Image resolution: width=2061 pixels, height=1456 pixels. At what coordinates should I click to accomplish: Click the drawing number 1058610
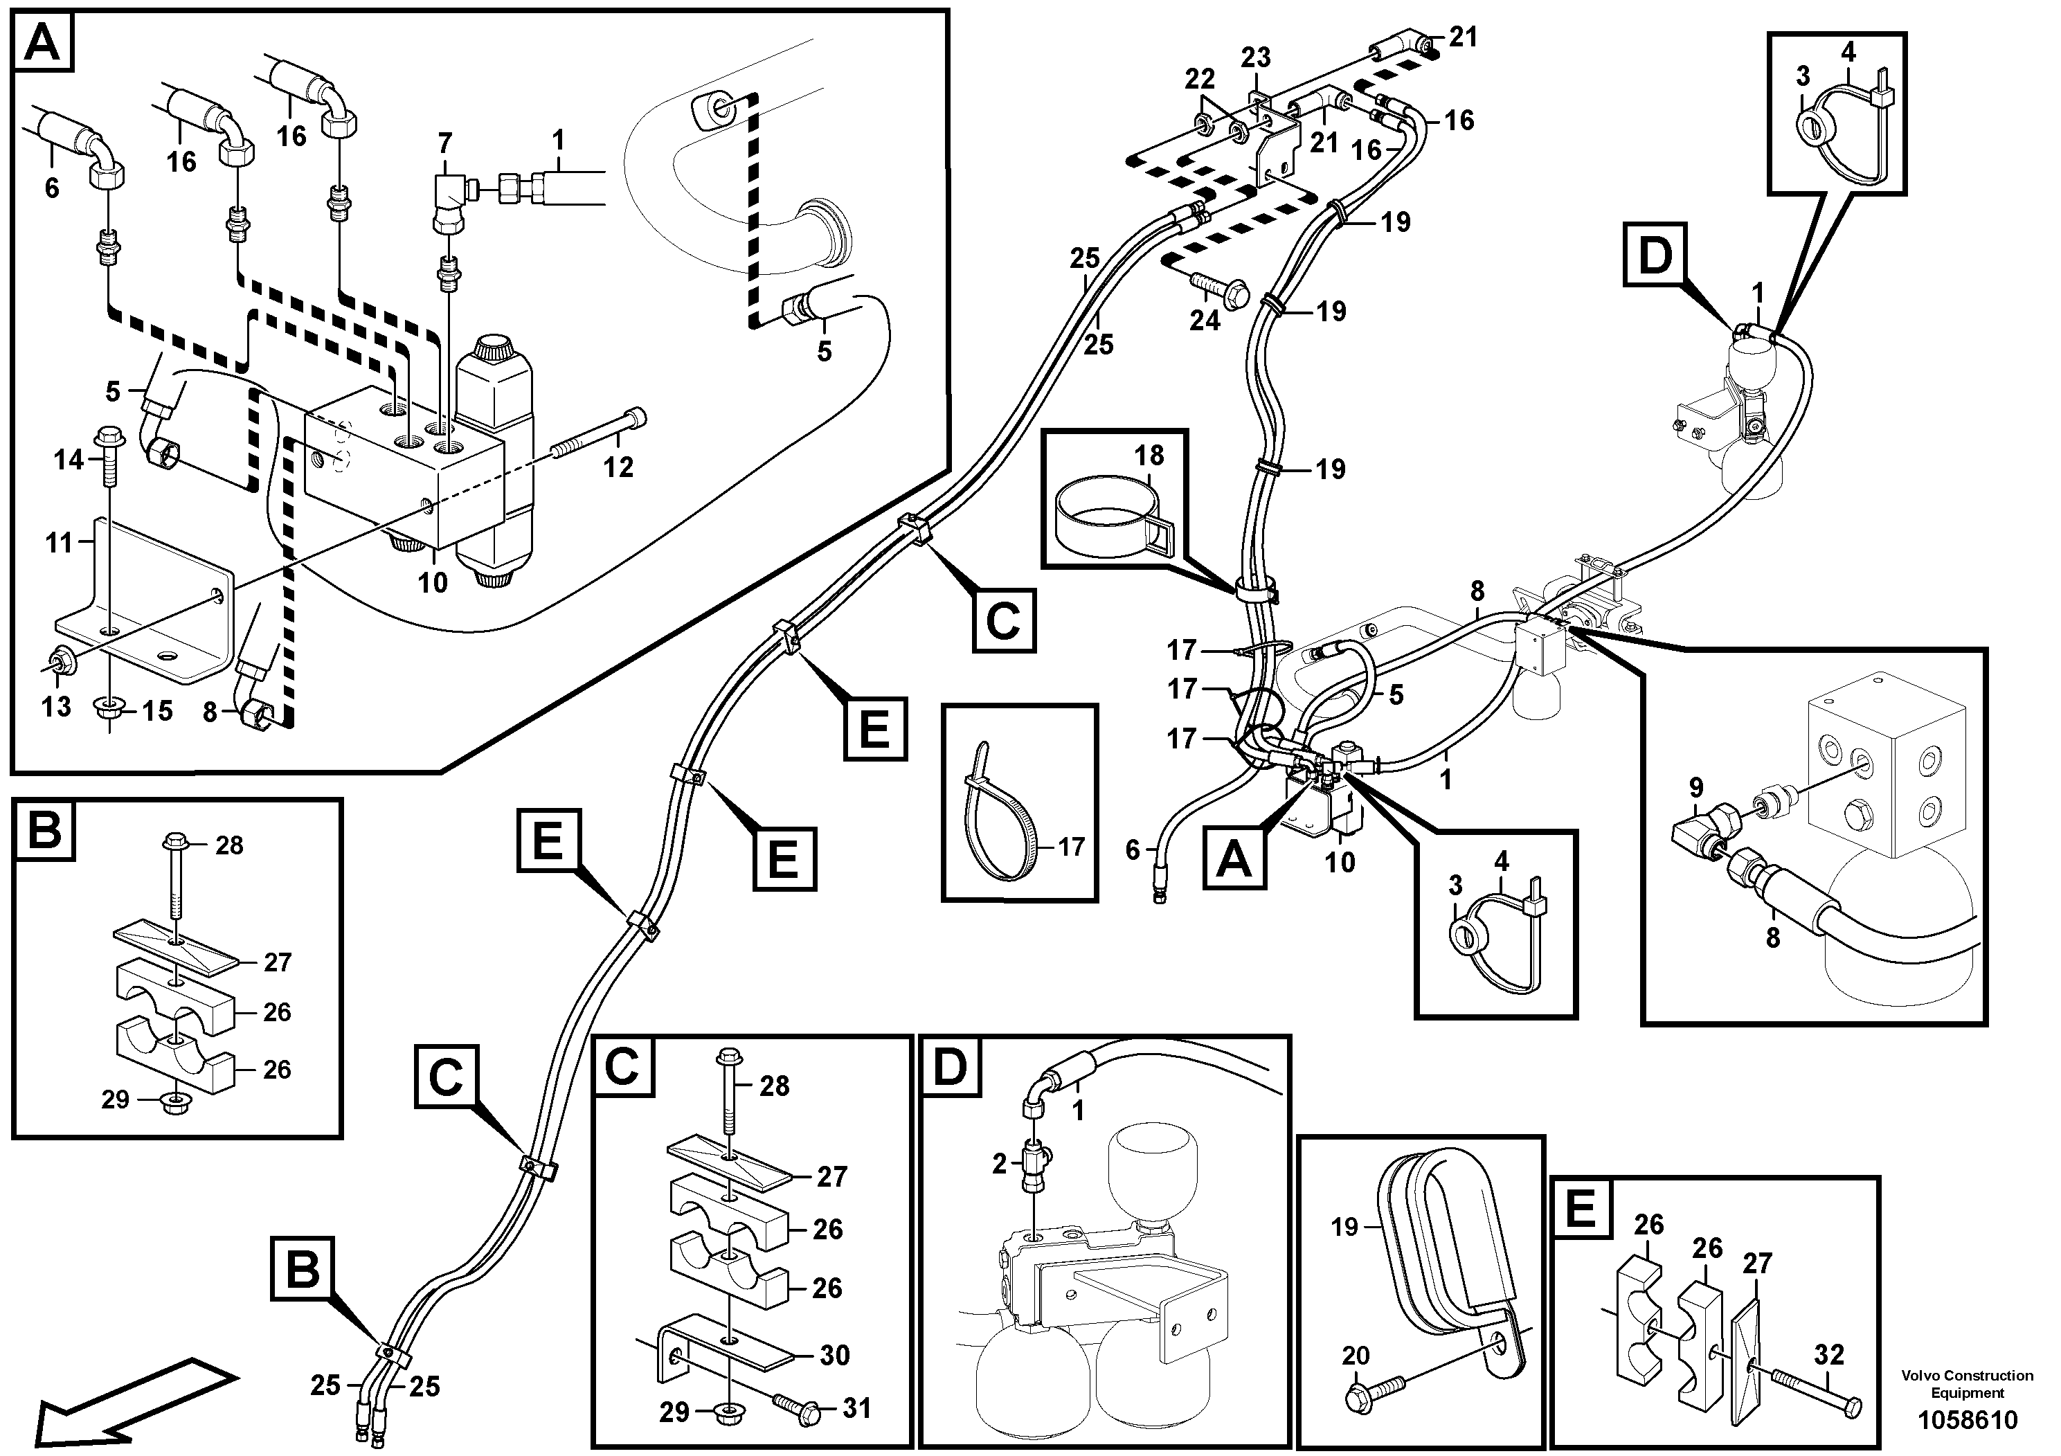point(1967,1421)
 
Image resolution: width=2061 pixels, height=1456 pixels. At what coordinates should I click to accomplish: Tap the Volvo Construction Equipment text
point(1967,1383)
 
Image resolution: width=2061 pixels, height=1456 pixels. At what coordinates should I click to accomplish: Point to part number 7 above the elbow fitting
point(445,143)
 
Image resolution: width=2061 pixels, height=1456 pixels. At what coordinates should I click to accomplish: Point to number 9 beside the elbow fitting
point(1695,788)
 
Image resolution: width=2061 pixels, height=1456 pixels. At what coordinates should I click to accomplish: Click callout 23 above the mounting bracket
point(1256,57)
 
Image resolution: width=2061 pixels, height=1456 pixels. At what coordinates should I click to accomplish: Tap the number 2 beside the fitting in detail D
point(1000,1165)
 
